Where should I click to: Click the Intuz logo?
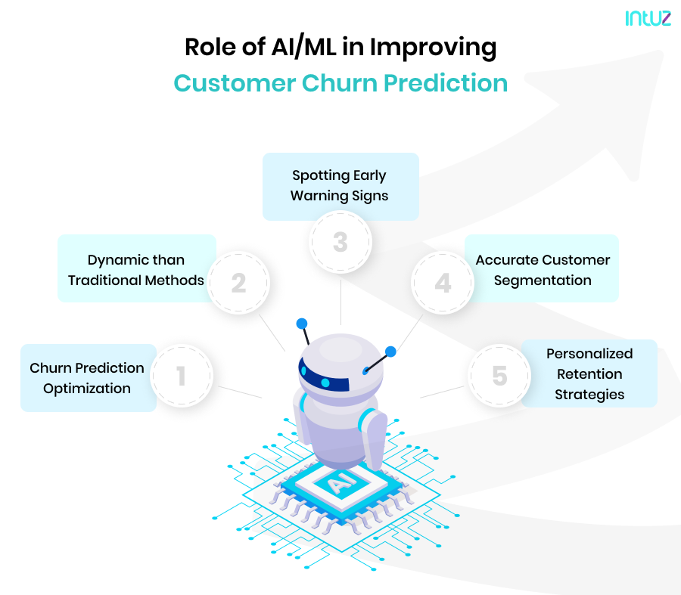coord(648,18)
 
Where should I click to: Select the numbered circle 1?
coord(181,376)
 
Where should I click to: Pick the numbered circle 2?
coord(238,283)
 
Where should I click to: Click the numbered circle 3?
coord(340,243)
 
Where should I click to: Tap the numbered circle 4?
coord(443,283)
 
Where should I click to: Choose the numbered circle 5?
coord(499,376)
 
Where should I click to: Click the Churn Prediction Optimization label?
coord(87,378)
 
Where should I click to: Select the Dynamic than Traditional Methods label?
coord(136,270)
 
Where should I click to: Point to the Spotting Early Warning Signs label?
coord(340,186)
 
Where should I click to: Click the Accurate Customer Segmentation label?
coord(543,270)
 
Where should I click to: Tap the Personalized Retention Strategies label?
coord(589,373)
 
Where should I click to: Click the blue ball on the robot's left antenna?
coord(302,324)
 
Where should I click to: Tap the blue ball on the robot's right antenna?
coord(390,351)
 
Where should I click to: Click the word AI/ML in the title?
coord(287,48)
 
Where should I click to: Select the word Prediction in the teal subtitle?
coord(447,82)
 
